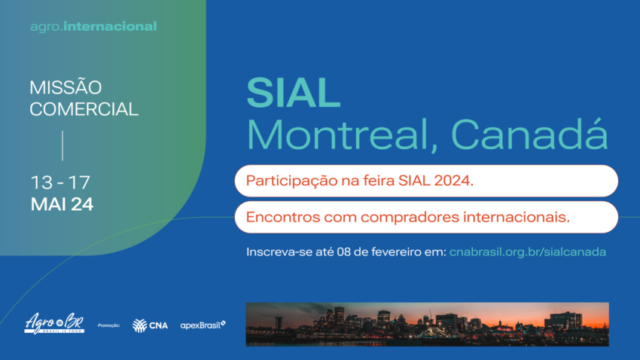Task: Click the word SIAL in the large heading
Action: pyautogui.click(x=294, y=94)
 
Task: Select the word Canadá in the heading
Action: pyautogui.click(x=529, y=135)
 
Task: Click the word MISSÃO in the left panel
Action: pyautogui.click(x=66, y=88)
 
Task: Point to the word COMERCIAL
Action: pyautogui.click(x=84, y=109)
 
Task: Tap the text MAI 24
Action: pyautogui.click(x=62, y=204)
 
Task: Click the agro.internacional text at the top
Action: pyautogui.click(x=93, y=26)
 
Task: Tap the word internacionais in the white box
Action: pyautogui.click(x=518, y=217)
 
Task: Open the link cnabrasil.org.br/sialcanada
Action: pyautogui.click(x=527, y=252)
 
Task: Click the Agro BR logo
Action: pyautogui.click(x=53, y=322)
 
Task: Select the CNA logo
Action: pyautogui.click(x=150, y=325)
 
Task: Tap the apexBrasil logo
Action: pyautogui.click(x=203, y=325)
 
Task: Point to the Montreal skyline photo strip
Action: pyautogui.click(x=427, y=323)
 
